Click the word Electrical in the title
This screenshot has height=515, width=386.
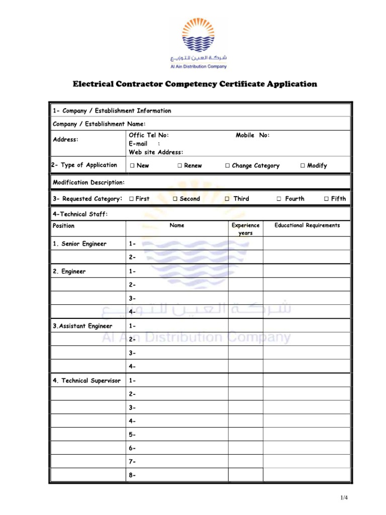94,84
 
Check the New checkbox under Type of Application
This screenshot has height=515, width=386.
132,165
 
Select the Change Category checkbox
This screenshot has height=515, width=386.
228,165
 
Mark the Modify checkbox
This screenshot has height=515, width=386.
303,165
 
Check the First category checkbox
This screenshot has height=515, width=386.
131,199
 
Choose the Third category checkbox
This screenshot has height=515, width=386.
227,199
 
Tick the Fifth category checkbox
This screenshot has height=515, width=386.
326,199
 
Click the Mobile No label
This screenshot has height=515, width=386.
253,135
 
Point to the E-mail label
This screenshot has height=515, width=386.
138,144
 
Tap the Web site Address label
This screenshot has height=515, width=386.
156,152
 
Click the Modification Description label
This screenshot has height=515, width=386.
89,183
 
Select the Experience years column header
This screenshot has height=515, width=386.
245,229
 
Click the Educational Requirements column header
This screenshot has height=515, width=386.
307,225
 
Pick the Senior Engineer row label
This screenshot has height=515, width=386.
80,244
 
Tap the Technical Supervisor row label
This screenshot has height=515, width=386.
86,381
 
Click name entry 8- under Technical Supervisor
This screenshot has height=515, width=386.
132,475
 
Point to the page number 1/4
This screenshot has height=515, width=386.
344,498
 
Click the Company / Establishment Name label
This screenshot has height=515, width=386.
99,124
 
